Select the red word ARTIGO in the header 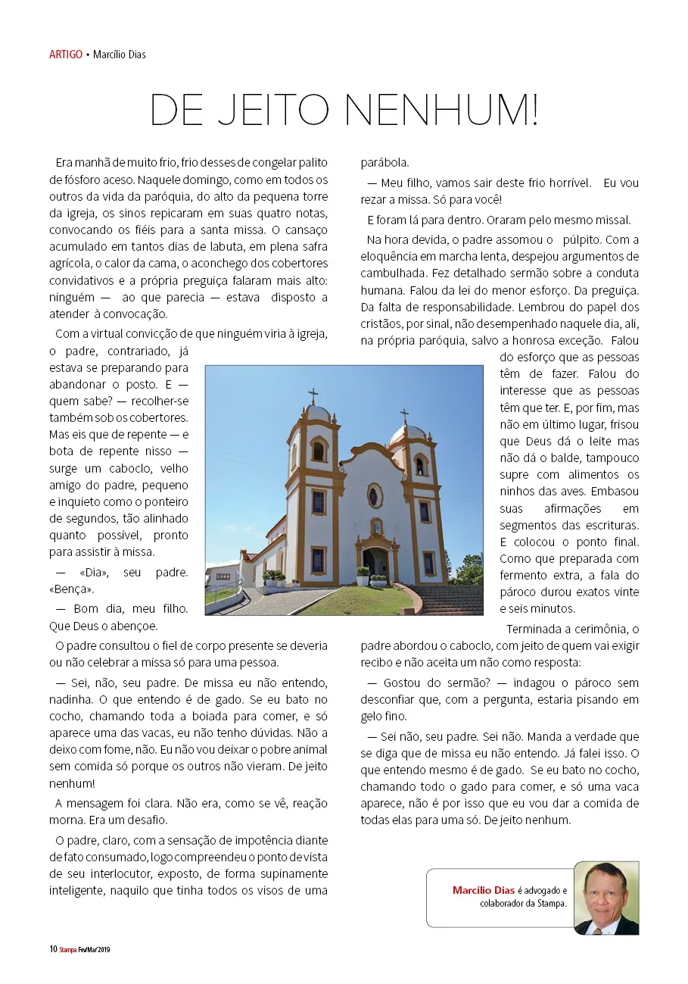[x=65, y=55]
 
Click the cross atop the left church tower [x=313, y=395]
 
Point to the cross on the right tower [x=404, y=416]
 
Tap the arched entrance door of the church [x=375, y=563]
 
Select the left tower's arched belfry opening [x=318, y=450]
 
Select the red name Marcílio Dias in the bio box [x=484, y=890]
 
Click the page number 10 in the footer [x=53, y=949]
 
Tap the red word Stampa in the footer [x=68, y=949]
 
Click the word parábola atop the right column [x=384, y=162]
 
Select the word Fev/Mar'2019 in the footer [x=95, y=949]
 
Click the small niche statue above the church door [x=375, y=526]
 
